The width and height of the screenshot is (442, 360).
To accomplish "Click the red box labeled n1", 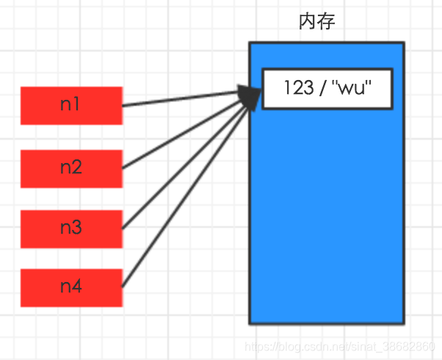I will (70, 105).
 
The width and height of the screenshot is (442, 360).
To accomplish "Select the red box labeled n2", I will (70, 168).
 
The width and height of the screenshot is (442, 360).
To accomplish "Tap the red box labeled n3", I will (70, 228).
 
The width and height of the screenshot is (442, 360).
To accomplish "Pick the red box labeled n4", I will (70, 287).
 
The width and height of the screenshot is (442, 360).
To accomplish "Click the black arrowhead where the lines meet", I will (251, 96).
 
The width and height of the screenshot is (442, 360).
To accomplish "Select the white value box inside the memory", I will (327, 88).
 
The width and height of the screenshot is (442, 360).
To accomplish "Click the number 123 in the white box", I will (297, 89).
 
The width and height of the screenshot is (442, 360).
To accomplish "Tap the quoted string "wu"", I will (355, 89).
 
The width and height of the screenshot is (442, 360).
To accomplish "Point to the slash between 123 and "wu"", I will (322, 89).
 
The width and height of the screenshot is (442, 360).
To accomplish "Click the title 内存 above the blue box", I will (317, 21).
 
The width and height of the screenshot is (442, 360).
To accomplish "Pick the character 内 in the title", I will (308, 21).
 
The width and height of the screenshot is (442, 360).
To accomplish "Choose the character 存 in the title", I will (327, 21).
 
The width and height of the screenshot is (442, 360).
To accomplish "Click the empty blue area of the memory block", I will (327, 220).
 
